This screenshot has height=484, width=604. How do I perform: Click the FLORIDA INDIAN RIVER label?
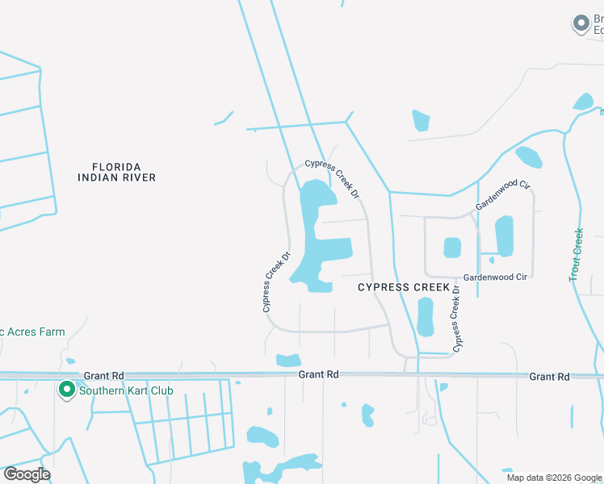(x=117, y=171)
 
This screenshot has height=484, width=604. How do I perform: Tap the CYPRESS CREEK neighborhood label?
(x=403, y=286)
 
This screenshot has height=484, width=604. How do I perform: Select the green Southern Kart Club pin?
(x=66, y=390)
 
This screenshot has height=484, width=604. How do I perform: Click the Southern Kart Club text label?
(x=126, y=391)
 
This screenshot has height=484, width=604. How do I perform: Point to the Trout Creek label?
(x=577, y=255)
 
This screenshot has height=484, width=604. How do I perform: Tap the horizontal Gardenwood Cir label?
(x=495, y=277)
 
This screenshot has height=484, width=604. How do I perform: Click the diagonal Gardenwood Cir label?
(x=502, y=196)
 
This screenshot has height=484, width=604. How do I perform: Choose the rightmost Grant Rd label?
(x=549, y=377)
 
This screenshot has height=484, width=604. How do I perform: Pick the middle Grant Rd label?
(x=317, y=374)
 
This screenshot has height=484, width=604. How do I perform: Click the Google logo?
(x=27, y=474)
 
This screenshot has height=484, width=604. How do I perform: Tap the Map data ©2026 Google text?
(x=554, y=478)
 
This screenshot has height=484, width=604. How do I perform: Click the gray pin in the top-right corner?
(x=581, y=24)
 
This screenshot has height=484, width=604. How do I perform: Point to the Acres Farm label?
(x=32, y=332)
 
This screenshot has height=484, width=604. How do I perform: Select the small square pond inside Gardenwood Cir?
(x=452, y=247)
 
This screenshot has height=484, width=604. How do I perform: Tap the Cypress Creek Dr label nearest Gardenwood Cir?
(x=456, y=319)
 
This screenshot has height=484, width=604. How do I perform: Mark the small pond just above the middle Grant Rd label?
(x=288, y=360)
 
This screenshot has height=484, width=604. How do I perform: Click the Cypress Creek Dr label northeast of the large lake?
(x=331, y=178)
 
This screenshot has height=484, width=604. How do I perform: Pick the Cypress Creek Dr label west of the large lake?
(x=275, y=282)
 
